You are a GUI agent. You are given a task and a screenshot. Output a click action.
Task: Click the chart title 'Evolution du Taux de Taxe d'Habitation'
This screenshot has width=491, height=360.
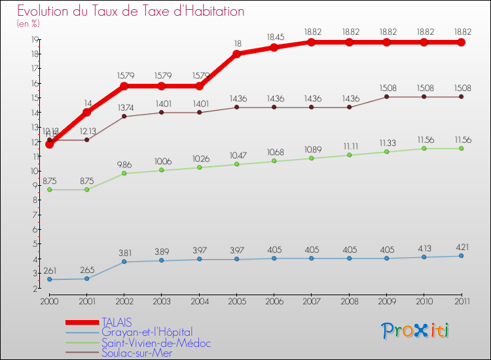pos(131,11)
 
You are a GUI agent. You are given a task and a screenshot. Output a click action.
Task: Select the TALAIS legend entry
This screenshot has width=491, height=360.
pos(117,322)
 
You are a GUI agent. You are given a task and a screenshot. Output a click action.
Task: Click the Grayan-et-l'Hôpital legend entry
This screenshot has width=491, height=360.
pos(147,333)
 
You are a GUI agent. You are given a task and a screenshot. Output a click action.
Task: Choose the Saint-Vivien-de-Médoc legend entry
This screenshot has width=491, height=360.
pos(156,343)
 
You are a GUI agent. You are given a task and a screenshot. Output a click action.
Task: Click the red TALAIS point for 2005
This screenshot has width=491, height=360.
pos(236,54)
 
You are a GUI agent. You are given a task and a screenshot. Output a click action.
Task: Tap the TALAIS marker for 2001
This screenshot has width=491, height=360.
pos(87,112)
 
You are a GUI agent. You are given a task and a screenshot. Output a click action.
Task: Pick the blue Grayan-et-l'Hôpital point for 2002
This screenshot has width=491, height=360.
pos(124,262)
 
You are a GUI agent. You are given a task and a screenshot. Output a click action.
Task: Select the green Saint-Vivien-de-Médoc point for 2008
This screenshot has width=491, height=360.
pos(349,155)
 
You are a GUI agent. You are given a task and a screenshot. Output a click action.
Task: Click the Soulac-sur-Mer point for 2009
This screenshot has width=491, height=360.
pos(386,97)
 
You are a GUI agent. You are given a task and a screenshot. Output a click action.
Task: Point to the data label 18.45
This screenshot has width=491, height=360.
pos(274,37)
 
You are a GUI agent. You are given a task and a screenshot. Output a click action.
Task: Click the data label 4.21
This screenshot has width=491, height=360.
pos(461,246)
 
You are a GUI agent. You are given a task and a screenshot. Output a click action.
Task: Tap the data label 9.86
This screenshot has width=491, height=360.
pos(124,164)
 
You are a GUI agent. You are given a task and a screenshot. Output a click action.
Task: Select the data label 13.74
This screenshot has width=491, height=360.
pos(124,107)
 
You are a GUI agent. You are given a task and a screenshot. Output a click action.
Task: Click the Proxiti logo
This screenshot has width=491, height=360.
pos(416,331)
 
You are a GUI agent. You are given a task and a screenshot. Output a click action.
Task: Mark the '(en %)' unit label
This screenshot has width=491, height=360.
pos(28,24)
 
